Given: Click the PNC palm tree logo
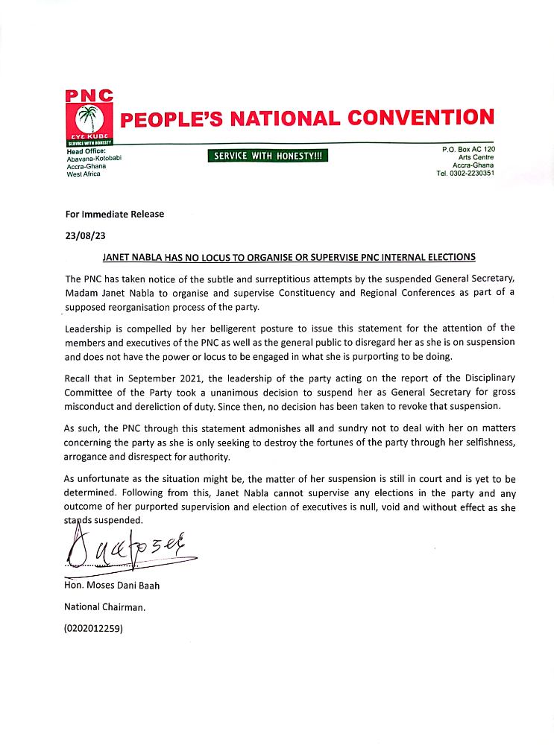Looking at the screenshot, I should (x=89, y=119).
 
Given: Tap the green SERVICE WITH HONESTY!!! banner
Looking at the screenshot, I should (x=268, y=156).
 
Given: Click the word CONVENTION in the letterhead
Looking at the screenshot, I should (x=424, y=118).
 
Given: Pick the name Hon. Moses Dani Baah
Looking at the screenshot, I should (x=113, y=586).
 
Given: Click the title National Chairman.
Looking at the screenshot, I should (x=105, y=607).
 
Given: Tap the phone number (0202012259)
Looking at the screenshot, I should (x=95, y=629).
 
